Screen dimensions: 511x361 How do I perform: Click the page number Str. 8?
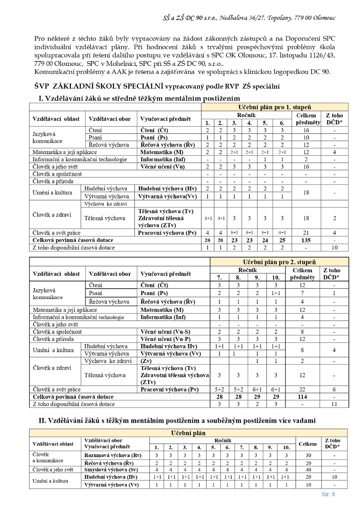click(328, 494)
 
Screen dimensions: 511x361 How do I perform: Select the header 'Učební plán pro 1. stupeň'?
click(274, 107)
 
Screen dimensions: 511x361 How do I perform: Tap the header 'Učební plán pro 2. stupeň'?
click(279, 262)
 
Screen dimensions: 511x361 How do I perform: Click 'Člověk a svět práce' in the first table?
click(56, 233)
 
